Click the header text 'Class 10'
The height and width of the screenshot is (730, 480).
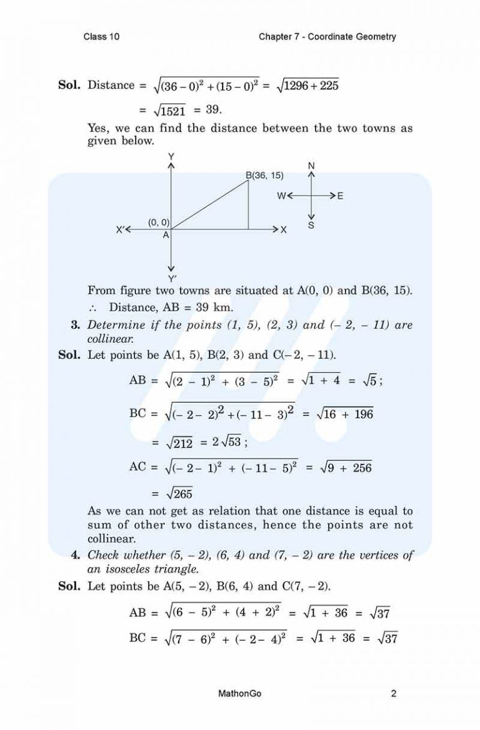[x=101, y=37]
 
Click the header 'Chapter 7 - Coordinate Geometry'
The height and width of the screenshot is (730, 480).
[x=327, y=37]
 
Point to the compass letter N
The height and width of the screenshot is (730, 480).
[x=311, y=165]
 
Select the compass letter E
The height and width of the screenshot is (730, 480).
[x=340, y=196]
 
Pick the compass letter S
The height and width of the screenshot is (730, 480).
[x=311, y=226]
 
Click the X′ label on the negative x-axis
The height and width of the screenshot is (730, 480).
[x=121, y=230]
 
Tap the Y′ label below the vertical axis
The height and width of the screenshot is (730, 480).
[x=171, y=278]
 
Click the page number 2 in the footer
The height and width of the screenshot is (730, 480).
[x=394, y=693]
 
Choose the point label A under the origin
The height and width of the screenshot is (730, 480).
[x=166, y=236]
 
